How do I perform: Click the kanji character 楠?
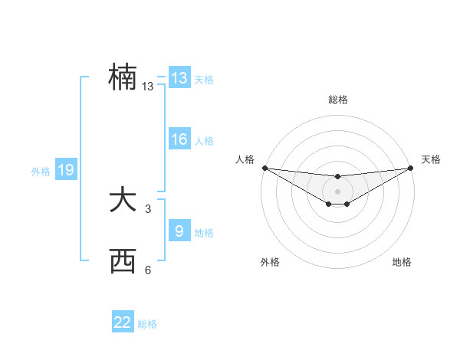[x=123, y=77]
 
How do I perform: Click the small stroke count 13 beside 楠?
[x=148, y=87]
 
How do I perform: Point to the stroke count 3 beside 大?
[x=148, y=209]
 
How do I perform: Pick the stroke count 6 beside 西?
[x=148, y=270]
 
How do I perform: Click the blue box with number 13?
[x=179, y=78]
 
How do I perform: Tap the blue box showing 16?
[x=179, y=139]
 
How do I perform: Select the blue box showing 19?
[x=65, y=170]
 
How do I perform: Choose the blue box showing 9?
[x=179, y=231]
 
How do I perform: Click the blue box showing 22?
[x=123, y=322]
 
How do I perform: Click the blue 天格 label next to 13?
[x=204, y=79]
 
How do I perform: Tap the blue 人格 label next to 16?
[x=204, y=140]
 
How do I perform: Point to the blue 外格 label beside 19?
[x=41, y=172]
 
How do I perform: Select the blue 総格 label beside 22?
[x=147, y=323]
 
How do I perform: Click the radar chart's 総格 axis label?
[x=338, y=100]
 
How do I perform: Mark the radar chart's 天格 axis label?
[x=432, y=159]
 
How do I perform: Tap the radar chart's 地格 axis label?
[x=402, y=262]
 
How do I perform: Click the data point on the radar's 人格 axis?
[x=264, y=168]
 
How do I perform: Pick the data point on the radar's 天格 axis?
[x=411, y=168]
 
